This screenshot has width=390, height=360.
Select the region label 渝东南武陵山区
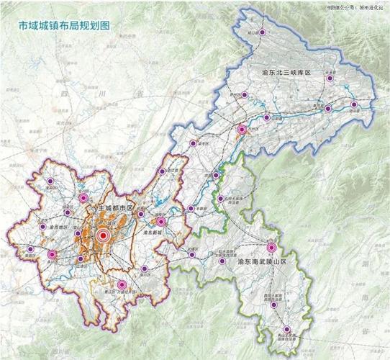pyautogui.click(x=262, y=264)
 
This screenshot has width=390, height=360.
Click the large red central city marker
pyautogui.click(x=103, y=235)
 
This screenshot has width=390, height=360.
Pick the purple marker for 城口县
pyautogui.click(x=262, y=32)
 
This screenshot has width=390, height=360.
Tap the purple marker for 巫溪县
pyautogui.click(x=329, y=78)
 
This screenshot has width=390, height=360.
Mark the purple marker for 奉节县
pyautogui.click(x=328, y=109)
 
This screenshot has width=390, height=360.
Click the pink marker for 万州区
pyautogui.click(x=242, y=130)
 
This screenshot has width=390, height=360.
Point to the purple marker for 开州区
pyautogui.click(x=243, y=95)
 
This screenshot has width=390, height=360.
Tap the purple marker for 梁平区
pyautogui.click(x=193, y=144)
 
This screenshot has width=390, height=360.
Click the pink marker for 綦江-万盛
pyautogui.click(x=121, y=285)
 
